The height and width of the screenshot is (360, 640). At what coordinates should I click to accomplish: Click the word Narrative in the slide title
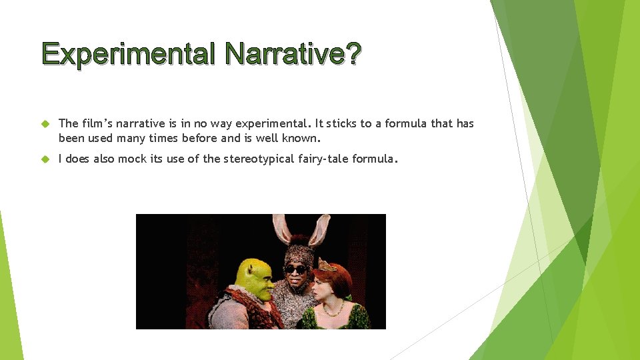(x=286, y=53)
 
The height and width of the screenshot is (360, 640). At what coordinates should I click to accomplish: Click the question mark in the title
(x=353, y=53)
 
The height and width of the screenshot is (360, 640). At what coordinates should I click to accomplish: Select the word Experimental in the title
(x=128, y=53)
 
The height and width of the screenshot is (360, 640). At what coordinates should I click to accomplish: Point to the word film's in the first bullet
(x=95, y=123)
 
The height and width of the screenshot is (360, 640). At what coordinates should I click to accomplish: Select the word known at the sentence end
(x=303, y=139)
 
